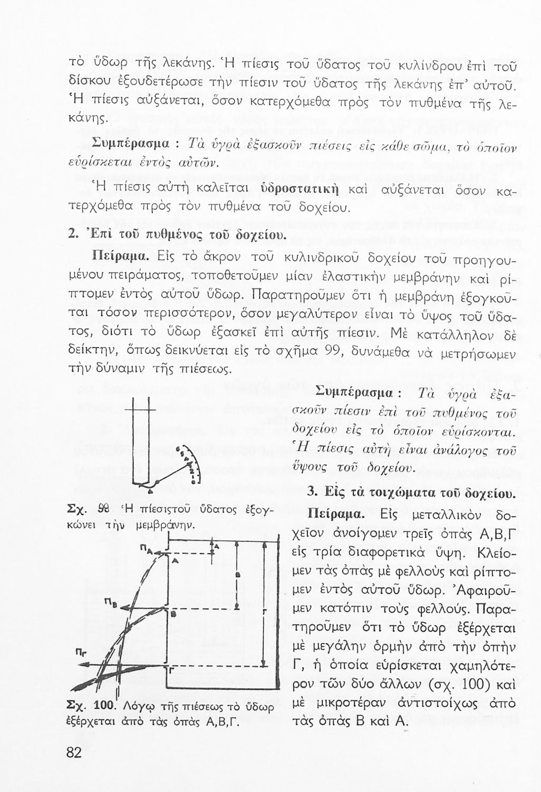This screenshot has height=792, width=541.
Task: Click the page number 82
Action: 75,752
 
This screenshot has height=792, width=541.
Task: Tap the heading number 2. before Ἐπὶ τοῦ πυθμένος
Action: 74,234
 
